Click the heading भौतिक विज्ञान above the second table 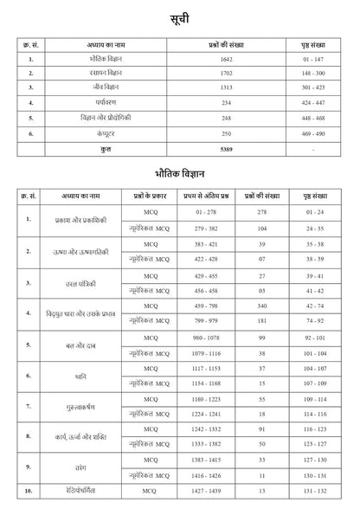point(180,173)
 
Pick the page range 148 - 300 point(314,74)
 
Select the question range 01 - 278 point(205,212)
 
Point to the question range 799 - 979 point(205,320)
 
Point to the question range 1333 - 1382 point(205,444)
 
